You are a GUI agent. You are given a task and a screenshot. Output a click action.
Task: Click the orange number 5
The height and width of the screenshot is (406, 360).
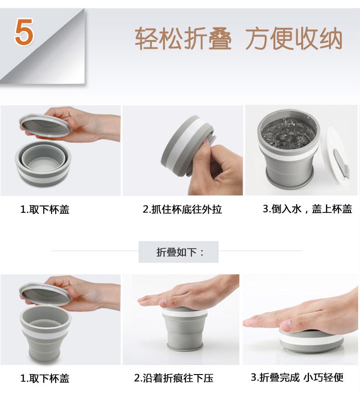coord(24,32)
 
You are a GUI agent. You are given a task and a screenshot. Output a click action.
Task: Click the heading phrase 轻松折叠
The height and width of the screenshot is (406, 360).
coord(183,38)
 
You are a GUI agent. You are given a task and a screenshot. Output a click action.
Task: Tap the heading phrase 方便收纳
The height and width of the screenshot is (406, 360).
coord(294,38)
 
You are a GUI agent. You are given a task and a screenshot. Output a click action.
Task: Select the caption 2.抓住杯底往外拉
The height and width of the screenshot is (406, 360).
coord(182,209)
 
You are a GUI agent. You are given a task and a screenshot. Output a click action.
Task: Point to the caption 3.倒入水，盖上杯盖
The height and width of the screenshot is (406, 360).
coord(308,209)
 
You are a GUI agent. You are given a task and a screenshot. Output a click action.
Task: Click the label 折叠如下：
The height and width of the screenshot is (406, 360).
coord(180,252)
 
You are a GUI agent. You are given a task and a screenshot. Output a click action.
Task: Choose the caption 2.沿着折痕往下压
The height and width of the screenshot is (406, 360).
coord(174,378)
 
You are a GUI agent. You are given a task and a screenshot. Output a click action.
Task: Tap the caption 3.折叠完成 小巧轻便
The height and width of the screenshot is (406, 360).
coord(297,377)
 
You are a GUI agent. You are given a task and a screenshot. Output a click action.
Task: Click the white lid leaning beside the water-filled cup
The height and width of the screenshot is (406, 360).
coord(335,155)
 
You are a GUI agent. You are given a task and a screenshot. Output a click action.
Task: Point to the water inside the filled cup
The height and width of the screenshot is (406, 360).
coord(288,132)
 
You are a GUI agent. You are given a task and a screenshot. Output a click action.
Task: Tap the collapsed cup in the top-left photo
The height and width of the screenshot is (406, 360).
coord(43,164)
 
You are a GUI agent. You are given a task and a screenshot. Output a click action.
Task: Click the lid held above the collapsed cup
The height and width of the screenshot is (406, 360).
coord(45,125)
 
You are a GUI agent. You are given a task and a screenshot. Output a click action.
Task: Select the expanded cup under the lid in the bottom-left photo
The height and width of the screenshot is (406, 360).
coord(45,334)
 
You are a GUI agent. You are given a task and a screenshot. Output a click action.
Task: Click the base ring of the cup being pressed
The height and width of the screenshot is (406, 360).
coord(185,346)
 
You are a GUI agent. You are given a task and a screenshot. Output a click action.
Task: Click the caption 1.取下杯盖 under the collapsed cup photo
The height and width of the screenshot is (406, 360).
coord(45,210)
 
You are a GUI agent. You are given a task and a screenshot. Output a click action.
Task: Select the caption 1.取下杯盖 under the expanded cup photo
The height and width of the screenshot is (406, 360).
coord(45,379)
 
